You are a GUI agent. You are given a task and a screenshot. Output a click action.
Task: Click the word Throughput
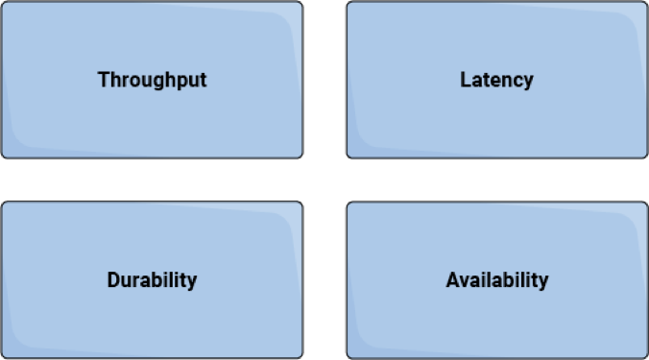[152, 80]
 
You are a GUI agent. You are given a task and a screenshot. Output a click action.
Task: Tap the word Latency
[496, 80]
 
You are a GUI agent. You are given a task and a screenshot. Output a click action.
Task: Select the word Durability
[152, 280]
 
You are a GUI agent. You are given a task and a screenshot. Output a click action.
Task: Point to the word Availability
[497, 280]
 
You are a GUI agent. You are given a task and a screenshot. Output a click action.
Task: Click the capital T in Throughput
[103, 80]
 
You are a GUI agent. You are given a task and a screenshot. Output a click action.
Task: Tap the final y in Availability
[543, 282]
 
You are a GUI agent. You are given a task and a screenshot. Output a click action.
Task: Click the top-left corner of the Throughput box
[2, 2]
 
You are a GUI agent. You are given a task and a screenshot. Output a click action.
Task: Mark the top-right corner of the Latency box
[647, 2]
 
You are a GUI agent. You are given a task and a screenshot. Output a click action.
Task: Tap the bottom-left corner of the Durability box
[2, 358]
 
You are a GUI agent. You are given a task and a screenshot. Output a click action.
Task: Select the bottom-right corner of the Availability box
[647, 358]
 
